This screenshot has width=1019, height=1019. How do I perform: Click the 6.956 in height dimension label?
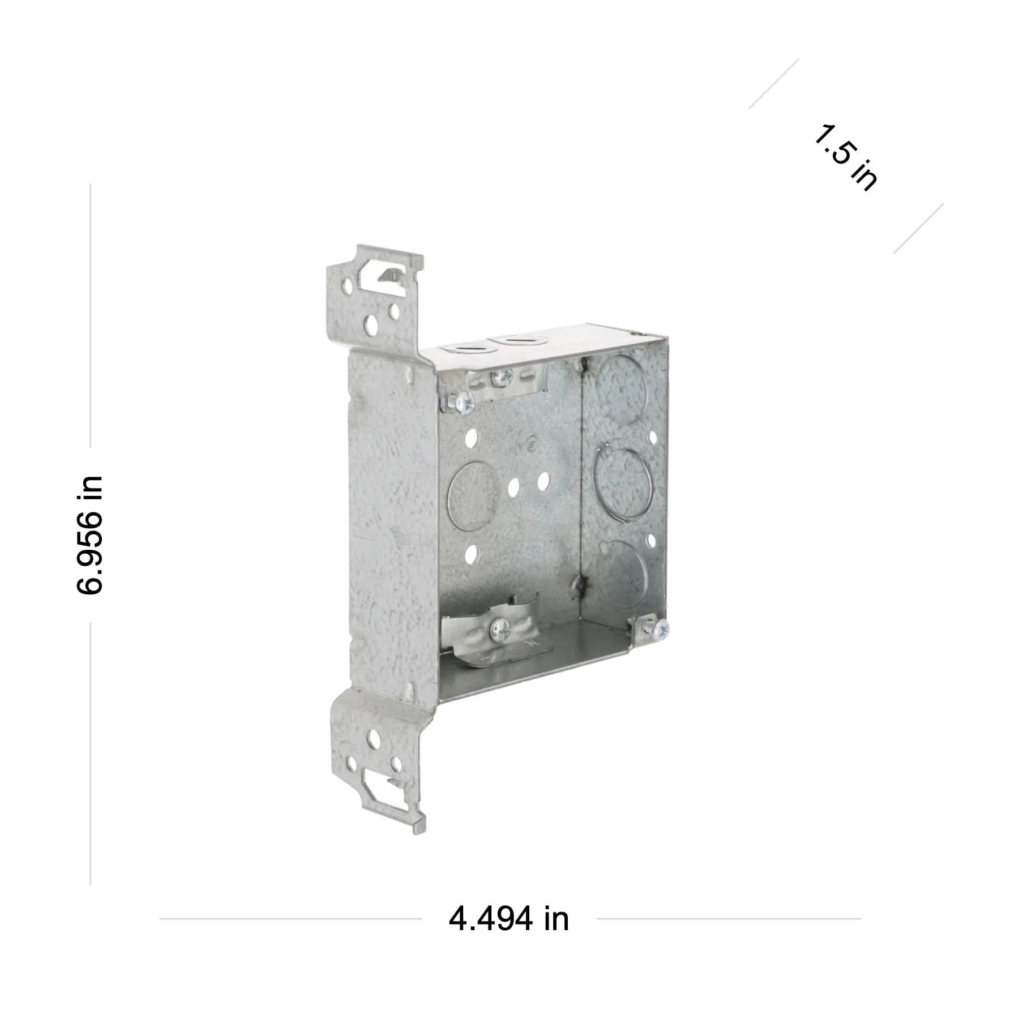[89, 535]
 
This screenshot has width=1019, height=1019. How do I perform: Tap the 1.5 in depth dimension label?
[845, 157]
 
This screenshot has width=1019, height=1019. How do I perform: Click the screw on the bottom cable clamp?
[500, 629]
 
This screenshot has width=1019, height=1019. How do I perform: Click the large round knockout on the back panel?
[473, 495]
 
